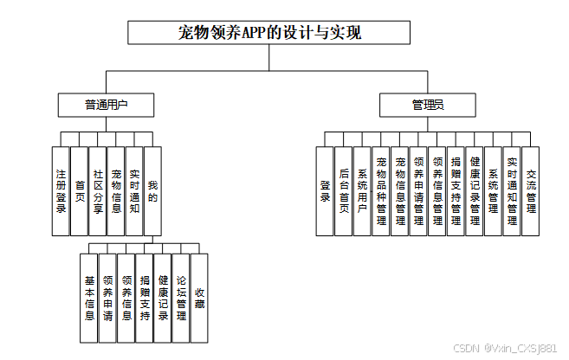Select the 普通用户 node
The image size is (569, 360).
click(x=107, y=106)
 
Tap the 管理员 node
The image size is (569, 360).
click(x=428, y=106)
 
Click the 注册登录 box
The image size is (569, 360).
click(x=61, y=190)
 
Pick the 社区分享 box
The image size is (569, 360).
click(x=98, y=190)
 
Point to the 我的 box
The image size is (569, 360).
click(x=153, y=190)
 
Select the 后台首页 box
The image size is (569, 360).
click(x=344, y=190)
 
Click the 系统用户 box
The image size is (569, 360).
click(x=363, y=190)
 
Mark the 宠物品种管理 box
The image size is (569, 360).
click(x=381, y=190)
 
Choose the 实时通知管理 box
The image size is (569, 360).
click(x=512, y=190)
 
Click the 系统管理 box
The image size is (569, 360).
click(x=493, y=190)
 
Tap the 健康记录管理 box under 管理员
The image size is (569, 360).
click(x=475, y=190)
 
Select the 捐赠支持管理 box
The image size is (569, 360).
click(x=456, y=190)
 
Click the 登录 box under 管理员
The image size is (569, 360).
click(x=325, y=190)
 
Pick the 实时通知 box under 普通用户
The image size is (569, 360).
click(x=134, y=190)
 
